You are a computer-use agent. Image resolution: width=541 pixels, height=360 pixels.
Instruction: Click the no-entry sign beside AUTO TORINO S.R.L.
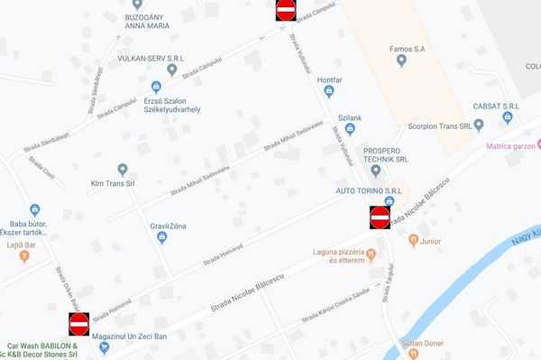click(x=380, y=217)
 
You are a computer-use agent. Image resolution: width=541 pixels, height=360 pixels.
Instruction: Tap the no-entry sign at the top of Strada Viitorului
click(x=286, y=10)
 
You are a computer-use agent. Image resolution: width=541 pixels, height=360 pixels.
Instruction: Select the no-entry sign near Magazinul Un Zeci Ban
click(x=79, y=322)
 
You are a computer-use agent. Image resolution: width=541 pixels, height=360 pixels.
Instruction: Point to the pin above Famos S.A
click(x=401, y=60)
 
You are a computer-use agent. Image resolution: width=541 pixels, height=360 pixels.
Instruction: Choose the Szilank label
click(x=349, y=118)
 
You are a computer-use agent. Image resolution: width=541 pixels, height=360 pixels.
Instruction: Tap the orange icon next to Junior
click(x=413, y=241)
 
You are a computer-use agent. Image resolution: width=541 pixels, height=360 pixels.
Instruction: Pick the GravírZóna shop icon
click(x=162, y=237)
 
